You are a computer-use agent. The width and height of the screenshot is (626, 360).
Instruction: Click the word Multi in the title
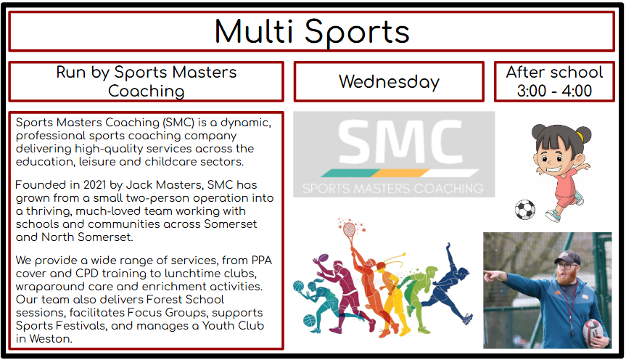254,31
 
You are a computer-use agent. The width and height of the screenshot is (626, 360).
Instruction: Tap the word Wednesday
390,82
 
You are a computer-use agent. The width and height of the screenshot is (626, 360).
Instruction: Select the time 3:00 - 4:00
554,91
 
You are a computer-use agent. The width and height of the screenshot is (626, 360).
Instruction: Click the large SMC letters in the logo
400,142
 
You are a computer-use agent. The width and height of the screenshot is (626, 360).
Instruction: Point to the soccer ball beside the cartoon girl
525,210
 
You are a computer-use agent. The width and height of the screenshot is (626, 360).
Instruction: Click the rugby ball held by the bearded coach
593,332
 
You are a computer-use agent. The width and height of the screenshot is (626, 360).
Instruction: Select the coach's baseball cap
567,258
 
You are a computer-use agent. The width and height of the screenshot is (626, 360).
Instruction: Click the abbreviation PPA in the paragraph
262,261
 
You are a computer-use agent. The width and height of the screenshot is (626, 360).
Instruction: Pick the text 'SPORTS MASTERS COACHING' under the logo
393,188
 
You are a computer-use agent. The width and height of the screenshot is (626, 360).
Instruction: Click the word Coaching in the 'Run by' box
146,91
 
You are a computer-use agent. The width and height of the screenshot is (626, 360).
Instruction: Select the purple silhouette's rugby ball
323,258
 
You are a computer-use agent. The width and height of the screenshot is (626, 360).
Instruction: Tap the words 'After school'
554,73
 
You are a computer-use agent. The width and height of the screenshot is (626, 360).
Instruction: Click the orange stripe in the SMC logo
400,173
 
